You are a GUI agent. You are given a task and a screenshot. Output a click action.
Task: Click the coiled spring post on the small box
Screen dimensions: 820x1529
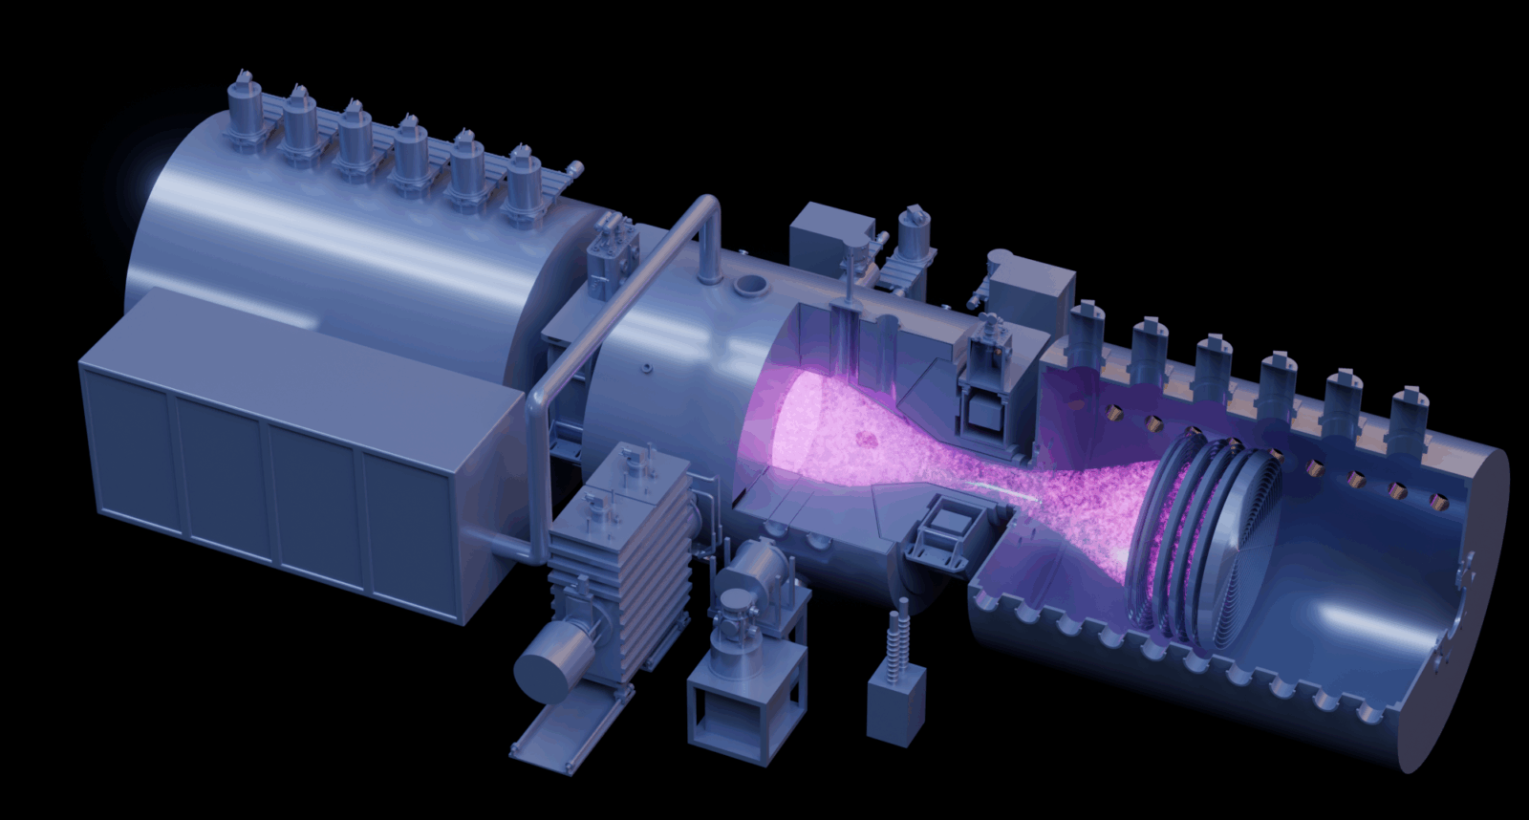point(898,636)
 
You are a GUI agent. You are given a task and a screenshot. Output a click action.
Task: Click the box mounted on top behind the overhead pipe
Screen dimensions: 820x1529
point(827,234)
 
